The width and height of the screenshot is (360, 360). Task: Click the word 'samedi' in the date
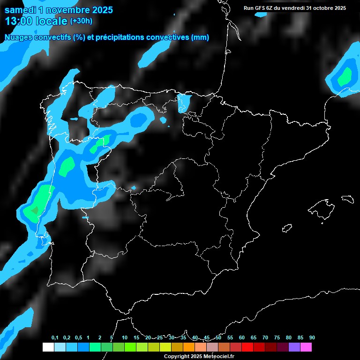19,10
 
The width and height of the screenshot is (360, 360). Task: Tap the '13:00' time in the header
18,21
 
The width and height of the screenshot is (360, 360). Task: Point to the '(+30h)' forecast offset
81,21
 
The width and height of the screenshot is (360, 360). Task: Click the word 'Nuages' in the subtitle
18,37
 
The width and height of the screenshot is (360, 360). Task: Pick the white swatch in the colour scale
48,347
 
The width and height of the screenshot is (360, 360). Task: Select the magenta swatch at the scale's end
306,347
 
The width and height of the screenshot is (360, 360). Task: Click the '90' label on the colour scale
312,338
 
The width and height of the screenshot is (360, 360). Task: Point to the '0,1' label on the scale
55,338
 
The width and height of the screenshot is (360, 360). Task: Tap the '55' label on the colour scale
230,338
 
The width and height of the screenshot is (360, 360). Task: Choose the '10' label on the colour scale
125,338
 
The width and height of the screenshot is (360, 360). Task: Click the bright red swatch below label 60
247,347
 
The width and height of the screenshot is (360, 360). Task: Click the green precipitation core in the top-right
346,76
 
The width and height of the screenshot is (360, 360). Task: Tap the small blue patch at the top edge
260,15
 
